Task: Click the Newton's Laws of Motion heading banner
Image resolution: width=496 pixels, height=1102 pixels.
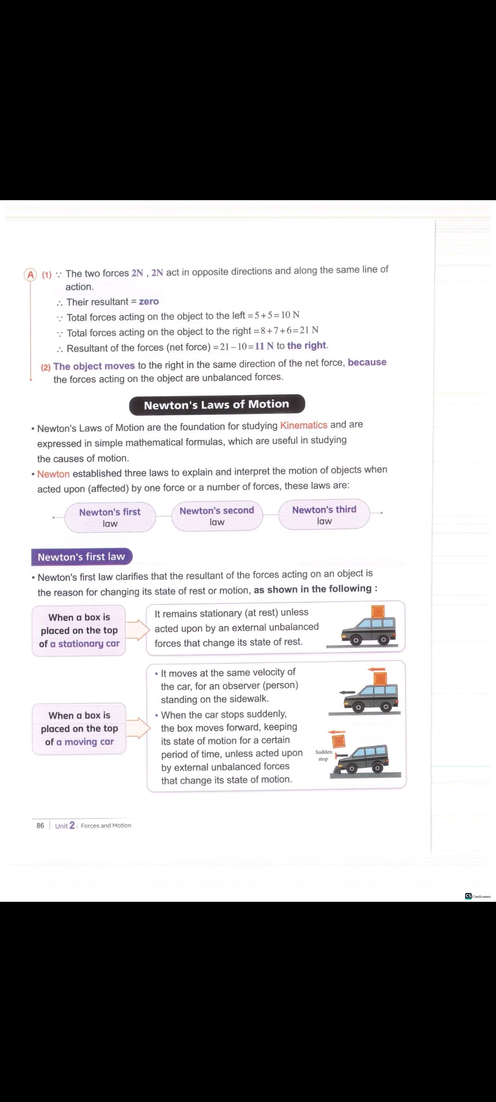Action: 217,405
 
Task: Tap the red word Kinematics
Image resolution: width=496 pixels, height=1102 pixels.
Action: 304,425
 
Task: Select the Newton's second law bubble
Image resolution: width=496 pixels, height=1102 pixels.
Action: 217,516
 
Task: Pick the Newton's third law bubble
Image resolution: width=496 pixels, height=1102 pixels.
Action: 324,515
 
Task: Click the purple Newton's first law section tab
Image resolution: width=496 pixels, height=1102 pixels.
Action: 81,557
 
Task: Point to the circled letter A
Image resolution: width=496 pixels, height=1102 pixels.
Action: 31,275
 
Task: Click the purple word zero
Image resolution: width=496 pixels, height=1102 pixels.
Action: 149,302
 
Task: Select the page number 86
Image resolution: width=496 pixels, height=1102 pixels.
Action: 40,826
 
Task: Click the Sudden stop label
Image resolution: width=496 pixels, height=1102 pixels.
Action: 324,755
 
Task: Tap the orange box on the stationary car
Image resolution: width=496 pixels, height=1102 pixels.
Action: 378,612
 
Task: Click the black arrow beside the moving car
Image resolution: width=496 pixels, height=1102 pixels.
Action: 344,692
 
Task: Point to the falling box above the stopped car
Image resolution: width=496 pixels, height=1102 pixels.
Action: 338,741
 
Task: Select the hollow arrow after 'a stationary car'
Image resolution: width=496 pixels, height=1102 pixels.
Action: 137,630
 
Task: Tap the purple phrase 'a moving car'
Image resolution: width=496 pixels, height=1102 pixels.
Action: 85,742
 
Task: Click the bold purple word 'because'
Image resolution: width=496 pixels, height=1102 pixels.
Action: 367,362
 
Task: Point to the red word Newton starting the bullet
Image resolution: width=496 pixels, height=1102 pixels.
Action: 53,474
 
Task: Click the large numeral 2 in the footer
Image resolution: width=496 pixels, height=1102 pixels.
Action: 72,825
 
